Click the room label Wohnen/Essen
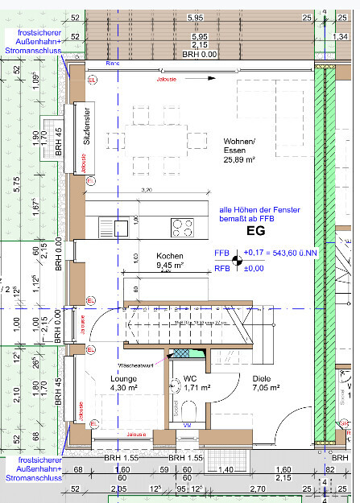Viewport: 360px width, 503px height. point(239,146)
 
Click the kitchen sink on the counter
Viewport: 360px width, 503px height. point(122,227)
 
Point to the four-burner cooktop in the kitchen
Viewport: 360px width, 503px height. point(182,226)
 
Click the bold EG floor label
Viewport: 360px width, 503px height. point(267,230)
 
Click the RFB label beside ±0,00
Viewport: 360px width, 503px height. point(222,268)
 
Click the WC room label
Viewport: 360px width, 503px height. point(189,377)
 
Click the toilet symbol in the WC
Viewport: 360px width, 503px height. point(176,389)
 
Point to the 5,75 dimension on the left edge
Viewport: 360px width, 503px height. point(15,183)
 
